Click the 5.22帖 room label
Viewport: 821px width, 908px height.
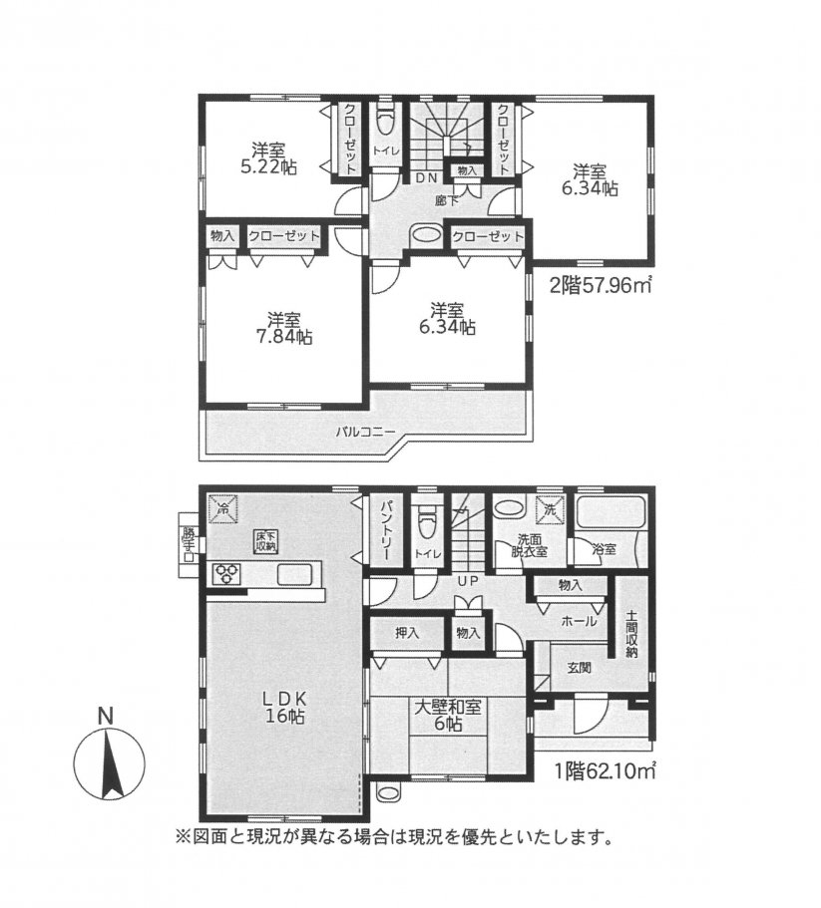[268, 158]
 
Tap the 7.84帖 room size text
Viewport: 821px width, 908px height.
[284, 329]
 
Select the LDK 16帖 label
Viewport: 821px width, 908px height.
[283, 707]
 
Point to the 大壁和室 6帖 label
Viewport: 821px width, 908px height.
[447, 716]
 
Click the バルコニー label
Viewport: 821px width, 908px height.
[365, 432]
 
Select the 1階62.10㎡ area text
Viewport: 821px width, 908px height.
[606, 768]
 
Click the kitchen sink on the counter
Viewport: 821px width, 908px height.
[294, 574]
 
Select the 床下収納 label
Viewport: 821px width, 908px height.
[267, 541]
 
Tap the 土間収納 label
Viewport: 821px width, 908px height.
[632, 633]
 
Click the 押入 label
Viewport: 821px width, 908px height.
[406, 632]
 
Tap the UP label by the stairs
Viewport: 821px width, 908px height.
[466, 580]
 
